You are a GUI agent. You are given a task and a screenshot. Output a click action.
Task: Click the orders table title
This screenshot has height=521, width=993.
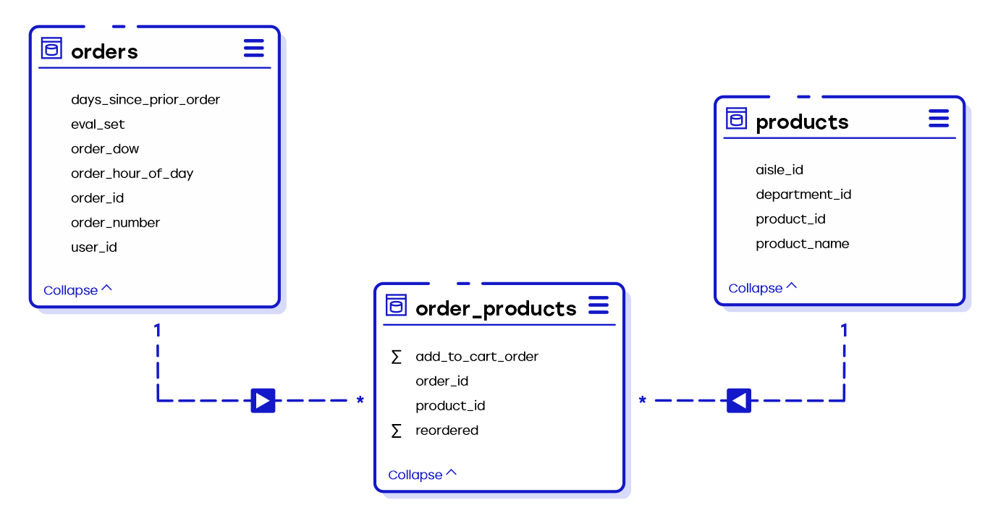[x=104, y=51]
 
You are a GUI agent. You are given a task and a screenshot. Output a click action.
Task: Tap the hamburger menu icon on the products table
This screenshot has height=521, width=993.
[x=938, y=119]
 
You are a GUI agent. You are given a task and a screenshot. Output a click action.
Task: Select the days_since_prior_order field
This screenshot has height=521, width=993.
[x=145, y=100]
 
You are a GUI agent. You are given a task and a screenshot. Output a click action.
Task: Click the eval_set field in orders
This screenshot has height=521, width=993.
[x=98, y=124]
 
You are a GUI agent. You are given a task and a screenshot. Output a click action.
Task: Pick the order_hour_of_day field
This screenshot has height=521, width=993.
[x=132, y=174]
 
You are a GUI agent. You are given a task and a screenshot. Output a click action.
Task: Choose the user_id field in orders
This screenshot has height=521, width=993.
[x=93, y=247]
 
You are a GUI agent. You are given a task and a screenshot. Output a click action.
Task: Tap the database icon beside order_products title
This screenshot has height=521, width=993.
[x=396, y=305]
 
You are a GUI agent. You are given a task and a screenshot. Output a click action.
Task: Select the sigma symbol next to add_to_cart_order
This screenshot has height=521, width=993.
[x=396, y=357]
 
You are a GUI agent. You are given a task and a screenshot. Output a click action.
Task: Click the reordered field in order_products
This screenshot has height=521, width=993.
[x=447, y=431]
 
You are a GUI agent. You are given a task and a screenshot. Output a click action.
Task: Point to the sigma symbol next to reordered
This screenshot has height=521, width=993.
[x=396, y=431]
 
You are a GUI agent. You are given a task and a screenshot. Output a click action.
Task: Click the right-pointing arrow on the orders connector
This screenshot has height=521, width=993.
[x=263, y=400]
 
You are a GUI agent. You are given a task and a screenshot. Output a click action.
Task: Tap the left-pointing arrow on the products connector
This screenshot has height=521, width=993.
[x=738, y=400]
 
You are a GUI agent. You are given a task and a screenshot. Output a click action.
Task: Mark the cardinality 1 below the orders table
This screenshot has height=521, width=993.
[x=157, y=331]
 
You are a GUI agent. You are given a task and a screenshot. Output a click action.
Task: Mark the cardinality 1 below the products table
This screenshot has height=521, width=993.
[x=843, y=331]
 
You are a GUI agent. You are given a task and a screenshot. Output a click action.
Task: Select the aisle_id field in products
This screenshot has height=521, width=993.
[x=779, y=170]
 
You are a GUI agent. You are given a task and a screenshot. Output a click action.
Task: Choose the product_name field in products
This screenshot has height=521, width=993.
[x=802, y=244]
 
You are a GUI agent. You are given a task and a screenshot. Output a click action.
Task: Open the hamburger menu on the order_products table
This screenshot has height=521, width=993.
[x=599, y=305]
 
